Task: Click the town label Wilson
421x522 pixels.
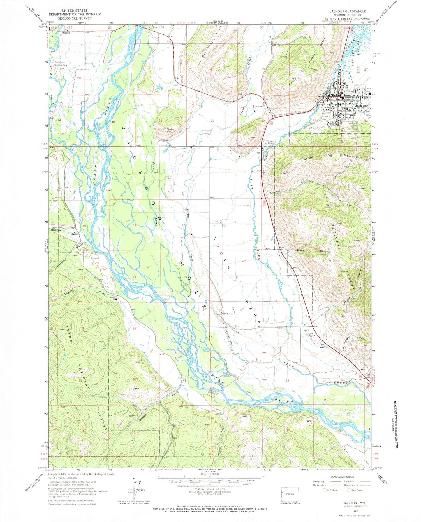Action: click(x=66, y=33)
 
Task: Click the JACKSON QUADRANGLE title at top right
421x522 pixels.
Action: click(x=348, y=11)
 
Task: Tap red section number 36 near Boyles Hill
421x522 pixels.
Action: click(x=161, y=121)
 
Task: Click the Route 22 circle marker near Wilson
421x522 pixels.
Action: click(x=52, y=28)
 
